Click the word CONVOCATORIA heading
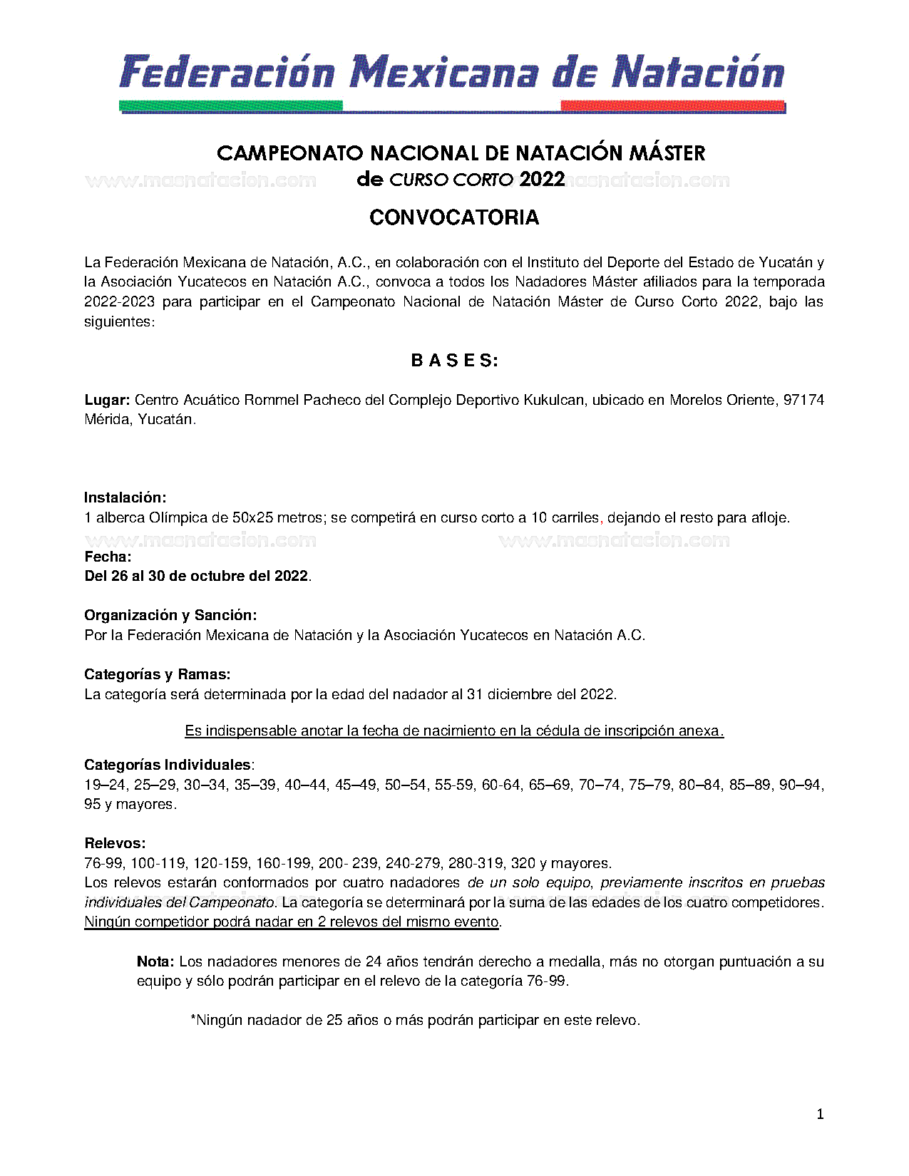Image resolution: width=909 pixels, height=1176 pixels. (454, 217)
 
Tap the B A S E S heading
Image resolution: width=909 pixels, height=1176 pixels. (454, 361)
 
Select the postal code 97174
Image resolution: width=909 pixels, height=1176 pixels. (803, 400)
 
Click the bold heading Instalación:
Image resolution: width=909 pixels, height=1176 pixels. (125, 497)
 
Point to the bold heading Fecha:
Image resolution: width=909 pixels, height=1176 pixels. (108, 557)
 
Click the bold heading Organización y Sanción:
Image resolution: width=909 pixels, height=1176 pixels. (170, 615)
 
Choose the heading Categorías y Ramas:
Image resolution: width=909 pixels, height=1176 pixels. (157, 674)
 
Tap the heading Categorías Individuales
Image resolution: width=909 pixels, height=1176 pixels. (168, 765)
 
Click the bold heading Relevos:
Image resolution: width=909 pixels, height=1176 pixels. (115, 843)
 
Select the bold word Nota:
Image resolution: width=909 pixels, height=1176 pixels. (155, 961)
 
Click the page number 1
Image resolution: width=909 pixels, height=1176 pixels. (820, 1114)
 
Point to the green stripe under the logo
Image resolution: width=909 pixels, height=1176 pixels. (231, 106)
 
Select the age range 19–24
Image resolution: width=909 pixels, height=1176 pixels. (105, 785)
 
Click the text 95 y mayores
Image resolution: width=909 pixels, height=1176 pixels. (130, 804)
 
